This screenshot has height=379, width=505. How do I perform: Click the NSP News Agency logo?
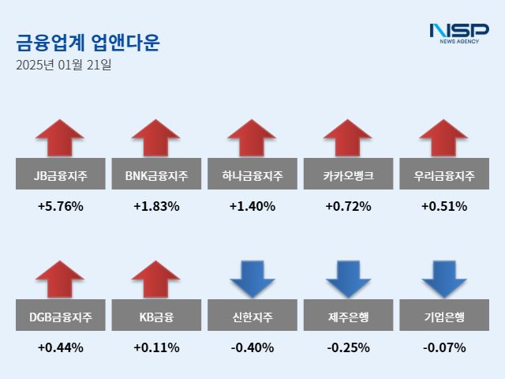pos(458,33)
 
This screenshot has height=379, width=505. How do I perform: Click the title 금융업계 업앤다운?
pos(87,42)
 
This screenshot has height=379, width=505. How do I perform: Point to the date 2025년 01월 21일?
pos(63,65)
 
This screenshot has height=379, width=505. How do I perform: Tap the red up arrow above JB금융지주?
pos(60,139)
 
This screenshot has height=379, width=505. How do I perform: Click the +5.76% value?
pos(60,207)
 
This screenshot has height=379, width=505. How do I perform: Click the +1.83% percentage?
pos(156,207)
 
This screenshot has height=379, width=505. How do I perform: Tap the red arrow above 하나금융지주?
pos(252,139)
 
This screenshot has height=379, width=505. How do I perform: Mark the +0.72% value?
pos(348,207)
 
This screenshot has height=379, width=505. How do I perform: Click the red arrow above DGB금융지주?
pos(60,280)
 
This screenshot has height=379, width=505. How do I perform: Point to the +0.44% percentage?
pos(60,347)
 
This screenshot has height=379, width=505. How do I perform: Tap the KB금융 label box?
pos(156,317)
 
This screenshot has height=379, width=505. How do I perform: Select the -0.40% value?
pos(252,347)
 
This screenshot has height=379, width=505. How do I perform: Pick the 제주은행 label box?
pos(348,317)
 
